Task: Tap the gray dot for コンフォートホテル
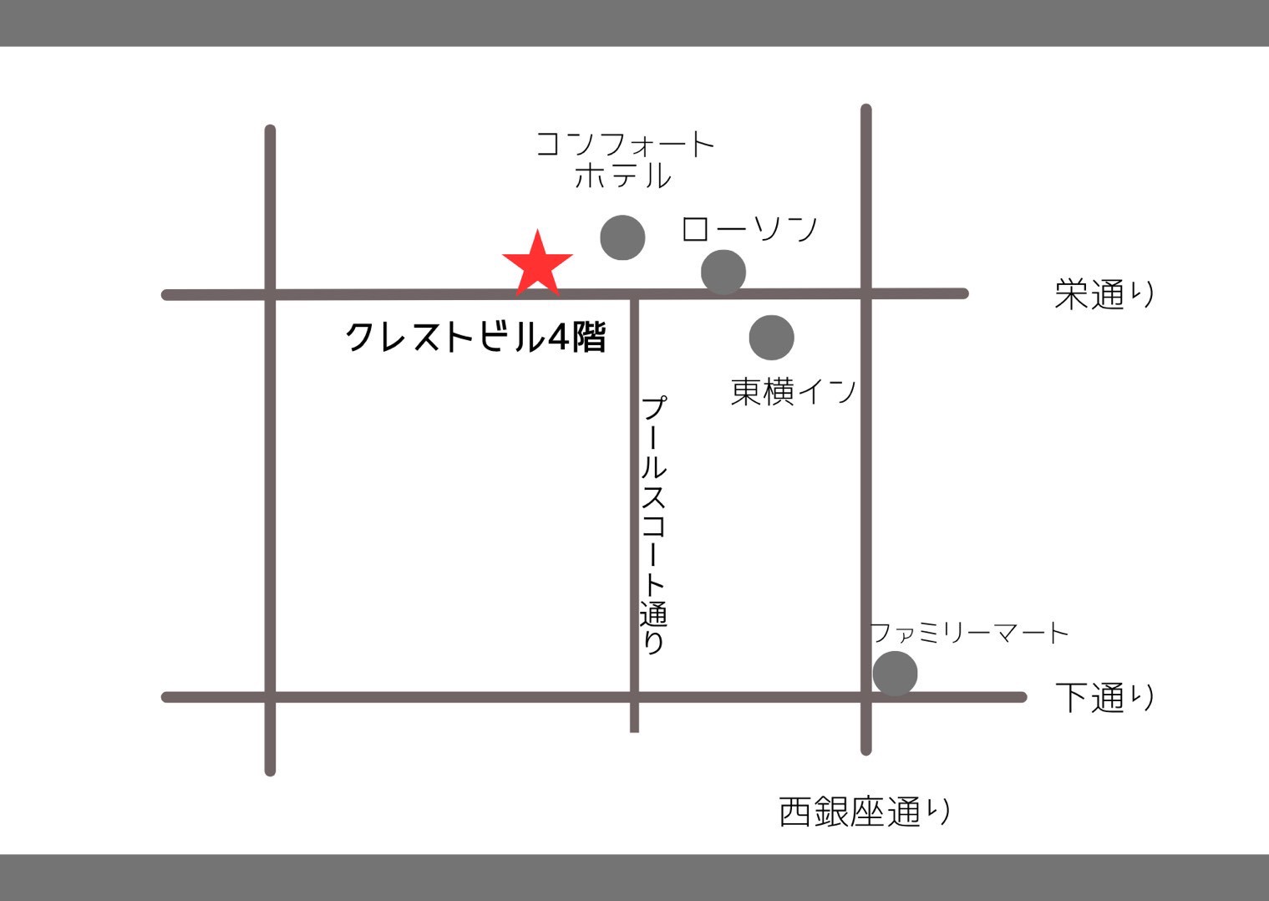tap(622, 237)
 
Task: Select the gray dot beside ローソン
tap(723, 272)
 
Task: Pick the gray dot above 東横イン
tap(771, 338)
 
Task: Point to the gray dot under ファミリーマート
tap(895, 674)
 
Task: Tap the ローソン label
tap(749, 228)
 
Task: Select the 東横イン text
tap(794, 391)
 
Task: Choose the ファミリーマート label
tap(969, 633)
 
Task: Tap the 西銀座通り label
tap(865, 812)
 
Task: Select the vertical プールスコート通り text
tap(653, 524)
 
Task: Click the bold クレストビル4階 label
tap(475, 338)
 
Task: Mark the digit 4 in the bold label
tap(558, 338)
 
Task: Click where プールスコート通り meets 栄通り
tap(634, 294)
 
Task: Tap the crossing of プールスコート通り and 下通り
tap(634, 697)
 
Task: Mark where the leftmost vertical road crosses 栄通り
tap(270, 294)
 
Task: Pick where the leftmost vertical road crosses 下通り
tap(270, 697)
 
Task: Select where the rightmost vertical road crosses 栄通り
tap(865, 293)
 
